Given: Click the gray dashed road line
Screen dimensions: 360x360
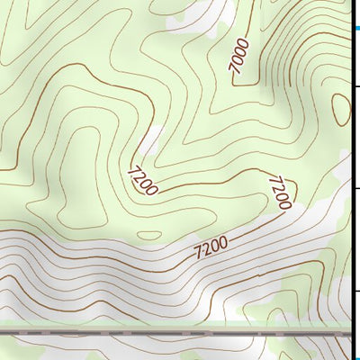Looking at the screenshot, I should pyautogui.click(x=180, y=332).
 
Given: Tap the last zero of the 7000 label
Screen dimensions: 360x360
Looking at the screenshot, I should pyautogui.click(x=244, y=42).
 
